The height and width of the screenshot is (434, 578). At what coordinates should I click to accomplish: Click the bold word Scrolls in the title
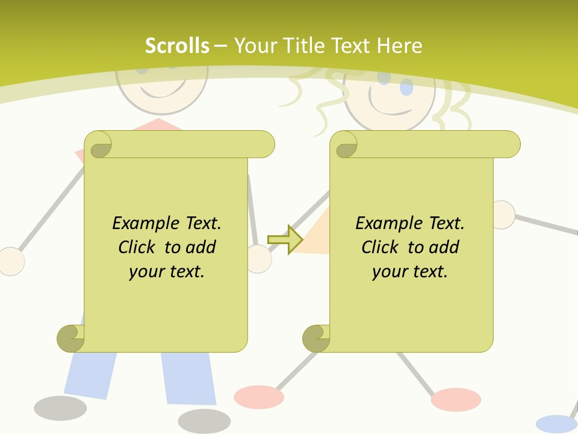click(177, 46)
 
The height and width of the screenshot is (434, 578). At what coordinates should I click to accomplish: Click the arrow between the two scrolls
click(285, 239)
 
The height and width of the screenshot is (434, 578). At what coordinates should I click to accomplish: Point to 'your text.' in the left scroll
click(167, 272)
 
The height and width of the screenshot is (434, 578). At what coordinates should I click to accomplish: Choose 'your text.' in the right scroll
click(410, 272)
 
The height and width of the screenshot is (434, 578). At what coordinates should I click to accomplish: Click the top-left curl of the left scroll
click(99, 145)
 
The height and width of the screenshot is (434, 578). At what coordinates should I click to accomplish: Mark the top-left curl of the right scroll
click(344, 145)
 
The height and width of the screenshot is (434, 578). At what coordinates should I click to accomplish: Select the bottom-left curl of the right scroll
click(316, 338)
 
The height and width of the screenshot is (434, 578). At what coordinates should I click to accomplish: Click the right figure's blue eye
click(407, 87)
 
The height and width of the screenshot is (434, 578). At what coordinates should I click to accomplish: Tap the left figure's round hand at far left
click(11, 261)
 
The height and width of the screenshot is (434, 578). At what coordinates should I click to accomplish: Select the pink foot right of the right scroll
click(456, 399)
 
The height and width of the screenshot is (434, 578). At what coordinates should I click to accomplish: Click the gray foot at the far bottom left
click(60, 408)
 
